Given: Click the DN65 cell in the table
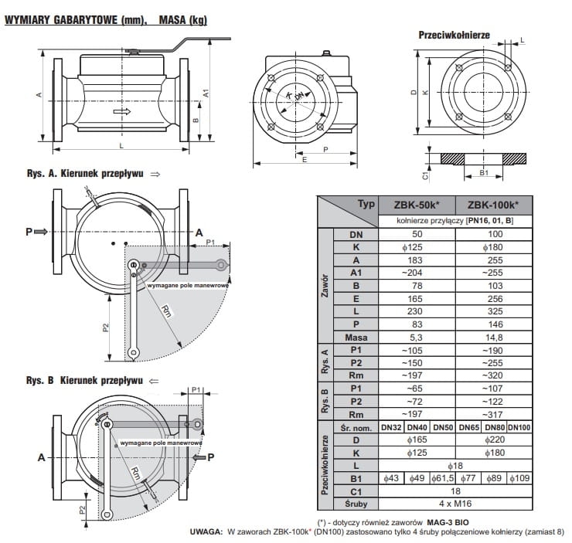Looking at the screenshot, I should pos(470,426).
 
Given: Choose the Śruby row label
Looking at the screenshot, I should pos(352,504).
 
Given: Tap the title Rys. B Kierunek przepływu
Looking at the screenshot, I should pos(83,380).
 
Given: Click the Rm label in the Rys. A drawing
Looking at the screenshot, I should pos(165,311).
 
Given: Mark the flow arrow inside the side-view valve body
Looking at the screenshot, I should pos(122,112).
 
